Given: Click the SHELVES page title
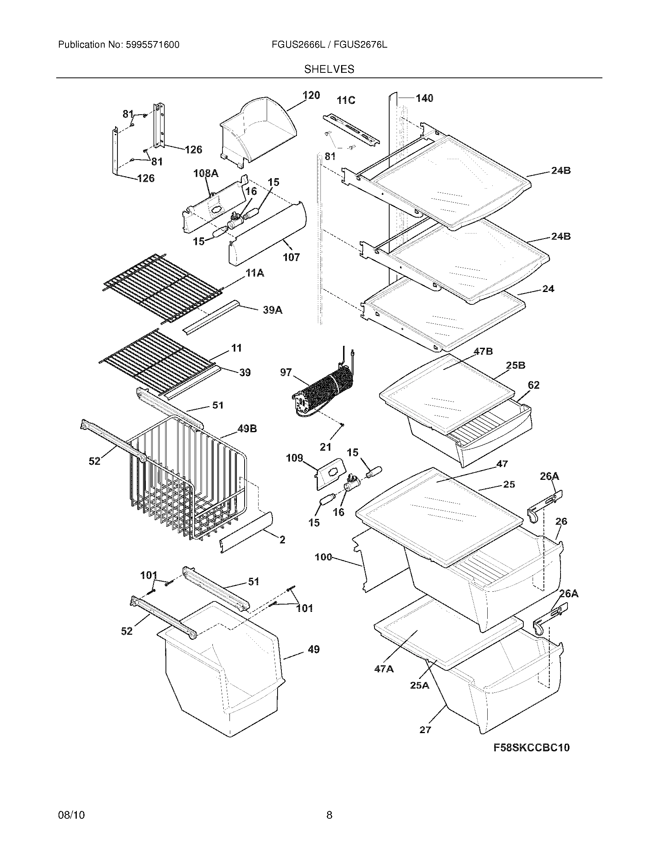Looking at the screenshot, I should pyautogui.click(x=329, y=69).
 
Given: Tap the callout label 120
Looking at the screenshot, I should pyautogui.click(x=311, y=95).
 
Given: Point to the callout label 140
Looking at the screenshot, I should pyautogui.click(x=424, y=98).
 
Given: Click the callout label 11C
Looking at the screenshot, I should pyautogui.click(x=346, y=100).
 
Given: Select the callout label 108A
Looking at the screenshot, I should pyautogui.click(x=206, y=173).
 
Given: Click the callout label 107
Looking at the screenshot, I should pyautogui.click(x=291, y=257).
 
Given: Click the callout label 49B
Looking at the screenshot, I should pyautogui.click(x=247, y=429).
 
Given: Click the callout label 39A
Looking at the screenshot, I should pyautogui.click(x=273, y=310).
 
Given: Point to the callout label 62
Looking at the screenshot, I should pyautogui.click(x=533, y=385).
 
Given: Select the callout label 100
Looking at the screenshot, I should pyautogui.click(x=323, y=557).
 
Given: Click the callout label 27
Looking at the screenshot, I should pyautogui.click(x=425, y=730).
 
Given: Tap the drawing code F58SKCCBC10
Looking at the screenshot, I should pyautogui.click(x=531, y=747).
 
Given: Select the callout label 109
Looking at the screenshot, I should pyautogui.click(x=294, y=458).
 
